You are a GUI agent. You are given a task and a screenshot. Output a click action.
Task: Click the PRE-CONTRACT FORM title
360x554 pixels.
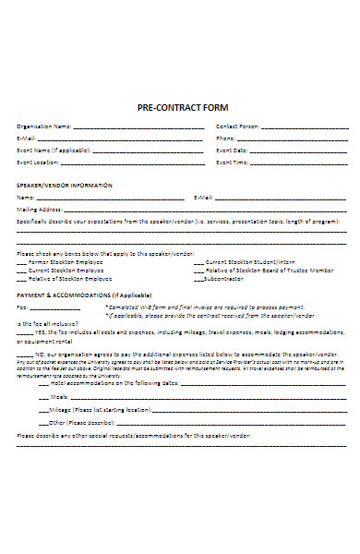coord(182,107)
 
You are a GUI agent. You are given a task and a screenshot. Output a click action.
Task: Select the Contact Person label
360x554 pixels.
coord(236,126)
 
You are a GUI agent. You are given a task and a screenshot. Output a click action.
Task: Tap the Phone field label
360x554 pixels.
coord(226,138)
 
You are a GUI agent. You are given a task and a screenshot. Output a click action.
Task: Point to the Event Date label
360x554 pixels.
coord(232,150)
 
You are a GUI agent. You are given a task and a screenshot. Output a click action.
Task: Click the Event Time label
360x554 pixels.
coord(232,162)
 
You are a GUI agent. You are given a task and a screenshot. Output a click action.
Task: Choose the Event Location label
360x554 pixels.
coord(40,162)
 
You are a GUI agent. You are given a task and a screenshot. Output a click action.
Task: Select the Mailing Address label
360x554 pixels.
coord(39,209)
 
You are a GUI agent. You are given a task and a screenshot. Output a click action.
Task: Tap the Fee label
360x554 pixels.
coord(22,307)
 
